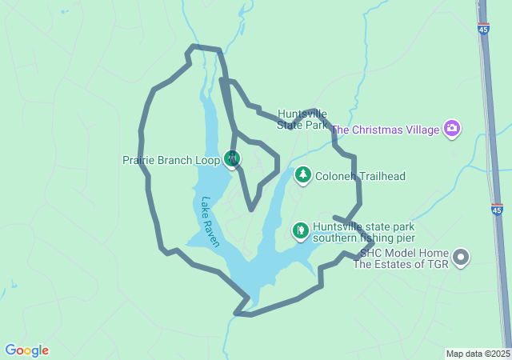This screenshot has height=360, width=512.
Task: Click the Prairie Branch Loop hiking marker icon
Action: click(x=233, y=158)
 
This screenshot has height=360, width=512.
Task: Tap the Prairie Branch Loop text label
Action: click(x=170, y=160)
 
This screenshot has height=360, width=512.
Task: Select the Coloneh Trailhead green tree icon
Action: click(x=302, y=175)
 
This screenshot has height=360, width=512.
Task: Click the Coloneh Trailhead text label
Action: click(x=360, y=176)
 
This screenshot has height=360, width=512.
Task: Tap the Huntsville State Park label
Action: click(x=302, y=119)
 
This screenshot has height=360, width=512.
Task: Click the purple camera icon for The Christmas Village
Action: click(x=453, y=129)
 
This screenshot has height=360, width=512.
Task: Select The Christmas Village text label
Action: click(x=385, y=130)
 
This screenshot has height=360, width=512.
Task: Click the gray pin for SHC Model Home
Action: click(x=461, y=257)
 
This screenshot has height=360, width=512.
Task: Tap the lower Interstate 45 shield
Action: click(x=497, y=210)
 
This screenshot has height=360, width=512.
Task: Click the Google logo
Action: click(x=26, y=350)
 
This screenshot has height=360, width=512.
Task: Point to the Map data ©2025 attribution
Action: click(x=478, y=354)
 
